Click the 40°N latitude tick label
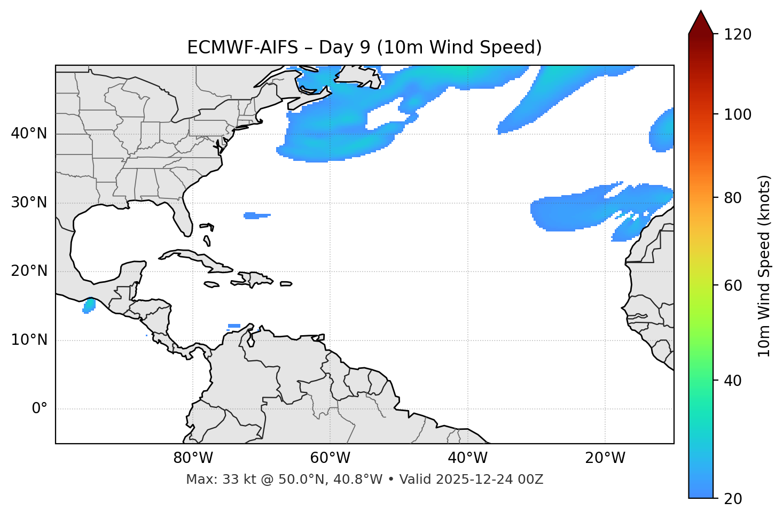pos(29,134)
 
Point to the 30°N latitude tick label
pos(29,203)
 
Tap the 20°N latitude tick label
pos(29,271)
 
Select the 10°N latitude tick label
pos(29,340)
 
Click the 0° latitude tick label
pos(40,409)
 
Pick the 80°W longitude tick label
pos(193,458)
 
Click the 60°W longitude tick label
pos(330,458)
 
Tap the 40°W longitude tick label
pos(467,458)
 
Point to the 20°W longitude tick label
pos(605,458)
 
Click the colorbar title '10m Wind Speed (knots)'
pos(764,266)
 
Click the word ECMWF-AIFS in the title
pos(242,48)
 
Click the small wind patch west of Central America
pos(89,306)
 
